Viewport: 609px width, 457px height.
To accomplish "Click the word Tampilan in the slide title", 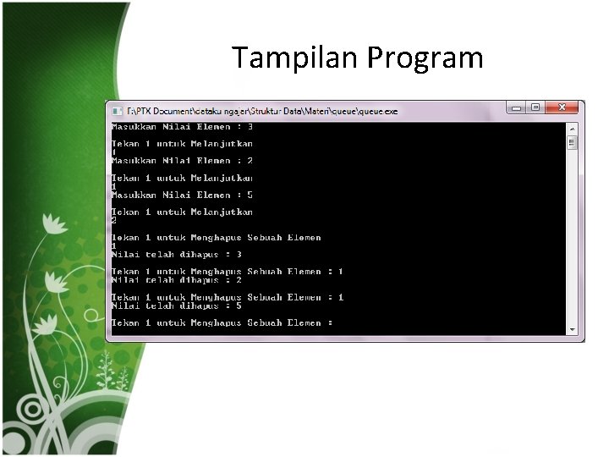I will (x=296, y=58).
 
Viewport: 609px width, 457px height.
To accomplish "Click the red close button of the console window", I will (x=563, y=108).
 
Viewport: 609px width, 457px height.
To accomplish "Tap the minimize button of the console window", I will (x=516, y=108).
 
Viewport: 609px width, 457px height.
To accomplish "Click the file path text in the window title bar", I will (x=262, y=111).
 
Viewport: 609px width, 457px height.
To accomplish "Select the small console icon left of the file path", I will (x=116, y=111).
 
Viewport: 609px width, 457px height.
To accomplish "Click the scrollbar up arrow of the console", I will (x=573, y=128).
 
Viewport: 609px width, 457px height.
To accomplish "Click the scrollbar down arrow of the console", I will (x=573, y=329).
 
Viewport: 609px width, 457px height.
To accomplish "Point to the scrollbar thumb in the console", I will (x=573, y=143).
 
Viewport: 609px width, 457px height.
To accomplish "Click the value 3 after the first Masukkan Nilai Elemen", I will (x=250, y=127).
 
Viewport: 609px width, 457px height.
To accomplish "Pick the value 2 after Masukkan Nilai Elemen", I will (x=250, y=161).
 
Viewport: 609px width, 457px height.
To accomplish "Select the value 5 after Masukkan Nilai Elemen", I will (x=250, y=195).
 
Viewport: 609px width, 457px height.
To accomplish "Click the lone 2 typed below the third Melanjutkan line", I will (x=114, y=220).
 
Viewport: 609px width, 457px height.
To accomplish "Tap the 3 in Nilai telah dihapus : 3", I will (x=239, y=254).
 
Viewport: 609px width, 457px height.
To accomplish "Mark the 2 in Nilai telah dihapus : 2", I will (x=239, y=280).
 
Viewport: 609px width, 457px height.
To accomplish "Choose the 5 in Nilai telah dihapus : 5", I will (x=239, y=306).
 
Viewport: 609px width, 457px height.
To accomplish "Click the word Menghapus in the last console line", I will (x=216, y=322).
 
